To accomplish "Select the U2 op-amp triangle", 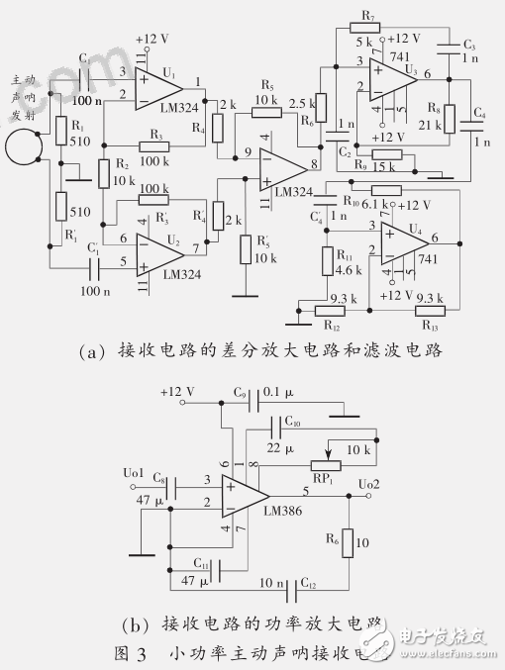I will point(160,253).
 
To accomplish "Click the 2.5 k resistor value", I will point(301,103).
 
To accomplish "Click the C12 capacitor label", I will point(310,584).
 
